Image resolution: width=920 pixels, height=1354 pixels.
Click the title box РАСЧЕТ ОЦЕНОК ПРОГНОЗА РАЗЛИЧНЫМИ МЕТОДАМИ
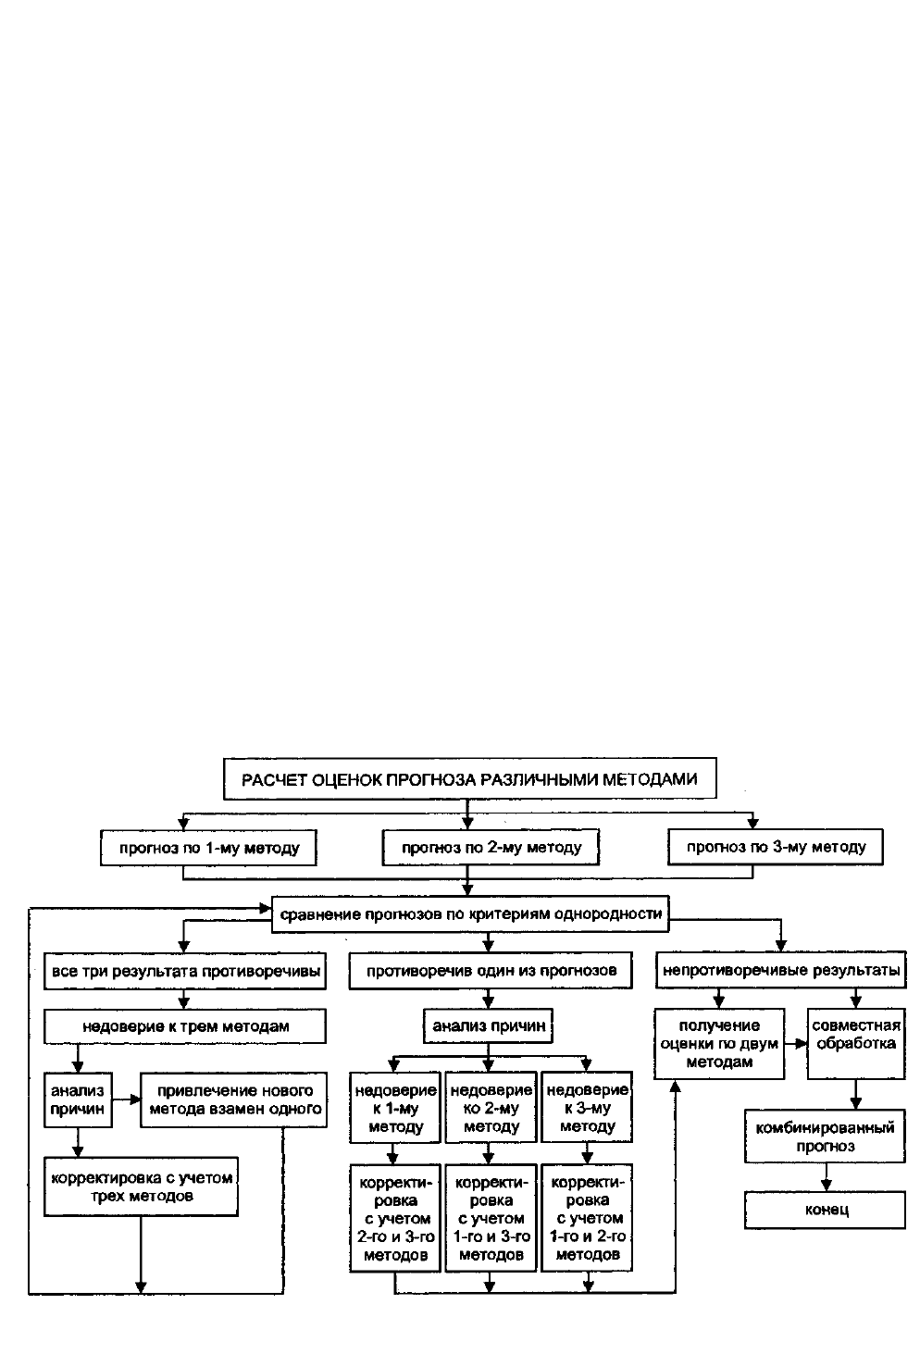[x=469, y=779]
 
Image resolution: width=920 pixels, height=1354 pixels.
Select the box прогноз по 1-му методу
[x=208, y=848]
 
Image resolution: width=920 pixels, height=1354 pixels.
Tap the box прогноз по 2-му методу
[x=491, y=848]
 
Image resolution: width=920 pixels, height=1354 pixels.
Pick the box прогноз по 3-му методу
[x=776, y=847]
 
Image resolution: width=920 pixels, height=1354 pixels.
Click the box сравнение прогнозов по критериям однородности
[x=470, y=914]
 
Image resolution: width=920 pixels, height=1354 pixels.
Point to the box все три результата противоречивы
[x=185, y=972]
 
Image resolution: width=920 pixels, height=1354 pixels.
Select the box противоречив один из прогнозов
[x=491, y=971]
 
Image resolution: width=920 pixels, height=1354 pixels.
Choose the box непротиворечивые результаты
[x=781, y=970]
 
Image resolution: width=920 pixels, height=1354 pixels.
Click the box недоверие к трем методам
[x=185, y=1025]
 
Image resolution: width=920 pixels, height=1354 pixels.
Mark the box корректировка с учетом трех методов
[x=141, y=1186]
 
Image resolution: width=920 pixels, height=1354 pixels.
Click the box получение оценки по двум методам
[x=719, y=1043]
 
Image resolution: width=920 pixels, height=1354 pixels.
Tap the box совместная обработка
[x=856, y=1043]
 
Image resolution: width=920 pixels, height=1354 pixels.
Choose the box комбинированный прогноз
[x=825, y=1137]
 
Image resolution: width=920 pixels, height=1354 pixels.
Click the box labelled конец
[x=825, y=1211]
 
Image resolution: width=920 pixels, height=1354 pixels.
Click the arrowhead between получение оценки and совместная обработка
[x=802, y=1044]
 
